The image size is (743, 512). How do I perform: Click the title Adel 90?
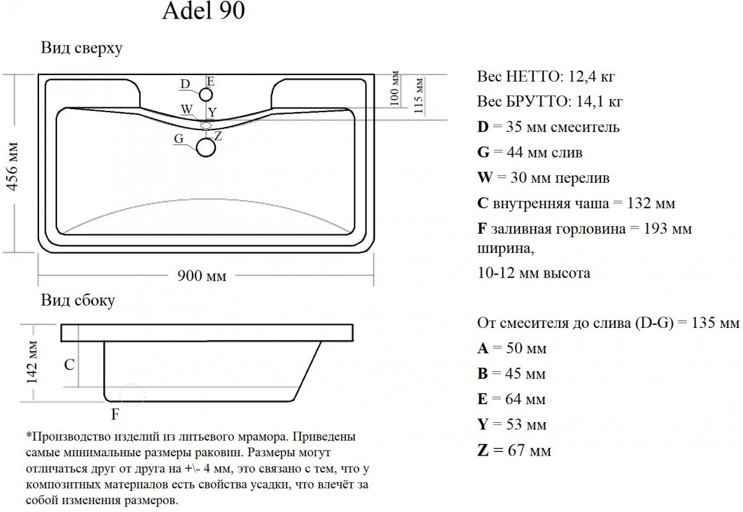coord(203,11)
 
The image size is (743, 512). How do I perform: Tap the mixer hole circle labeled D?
coord(206,89)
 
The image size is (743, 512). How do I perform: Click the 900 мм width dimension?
coord(202,276)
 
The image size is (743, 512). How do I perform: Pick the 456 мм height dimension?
coord(12,166)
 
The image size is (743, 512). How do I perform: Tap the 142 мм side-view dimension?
coord(32,362)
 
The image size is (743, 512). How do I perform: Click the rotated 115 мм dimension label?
coord(419,95)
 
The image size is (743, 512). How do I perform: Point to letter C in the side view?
coord(69,365)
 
